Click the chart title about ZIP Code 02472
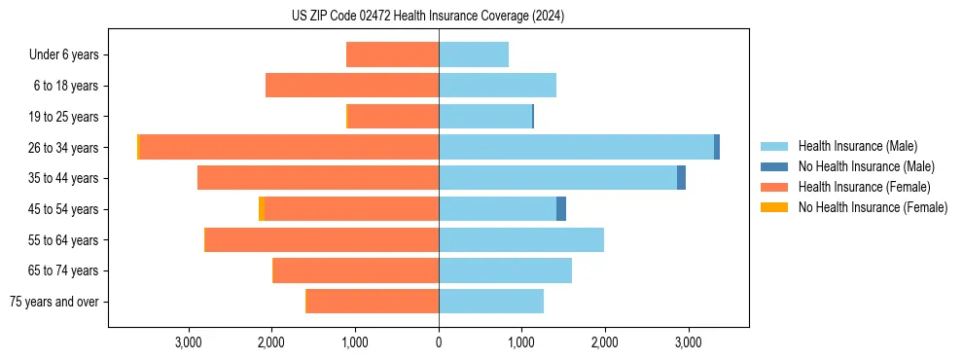click(428, 16)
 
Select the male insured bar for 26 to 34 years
click(576, 147)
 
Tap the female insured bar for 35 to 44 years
click(318, 178)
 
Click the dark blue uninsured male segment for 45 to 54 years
click(561, 209)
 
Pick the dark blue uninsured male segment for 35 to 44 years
click(681, 178)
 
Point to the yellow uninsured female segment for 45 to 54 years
click(261, 209)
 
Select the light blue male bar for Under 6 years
click(474, 54)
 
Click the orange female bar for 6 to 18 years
click(352, 86)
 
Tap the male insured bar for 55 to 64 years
click(521, 239)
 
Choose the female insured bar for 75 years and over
click(373, 302)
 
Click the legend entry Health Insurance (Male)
click(857, 146)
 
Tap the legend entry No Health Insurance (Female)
click(873, 207)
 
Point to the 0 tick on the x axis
click(439, 342)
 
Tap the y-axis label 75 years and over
click(53, 302)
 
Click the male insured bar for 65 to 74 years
click(505, 270)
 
